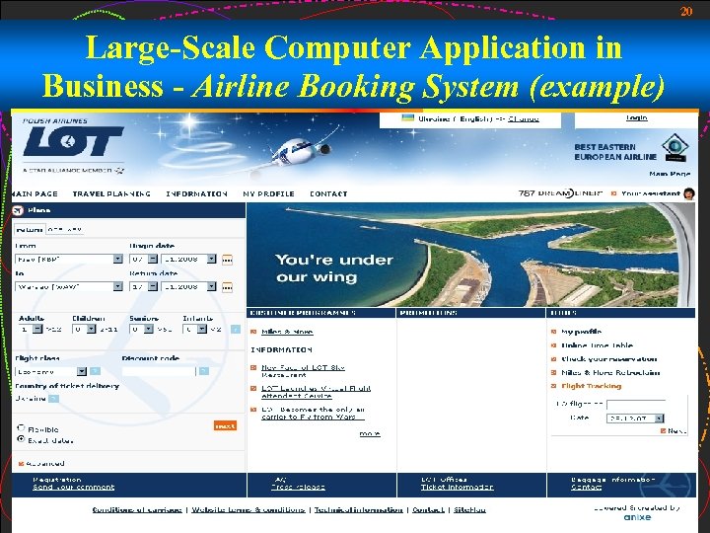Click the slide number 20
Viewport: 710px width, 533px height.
tap(686, 11)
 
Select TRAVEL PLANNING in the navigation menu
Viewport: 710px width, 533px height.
tap(111, 193)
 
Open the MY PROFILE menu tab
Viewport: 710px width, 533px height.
tap(268, 193)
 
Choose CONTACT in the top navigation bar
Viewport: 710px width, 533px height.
tap(328, 193)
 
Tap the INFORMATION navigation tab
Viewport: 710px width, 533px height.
tap(196, 193)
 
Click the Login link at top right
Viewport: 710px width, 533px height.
tap(637, 117)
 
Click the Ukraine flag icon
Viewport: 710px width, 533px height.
tap(407, 118)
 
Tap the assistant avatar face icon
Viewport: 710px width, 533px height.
tap(688, 193)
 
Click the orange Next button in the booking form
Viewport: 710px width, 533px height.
tap(225, 425)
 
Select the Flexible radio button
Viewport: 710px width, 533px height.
tap(21, 430)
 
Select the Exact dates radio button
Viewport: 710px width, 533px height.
tap(21, 439)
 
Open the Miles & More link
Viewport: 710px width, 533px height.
tap(287, 332)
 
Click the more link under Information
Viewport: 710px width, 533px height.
tap(370, 433)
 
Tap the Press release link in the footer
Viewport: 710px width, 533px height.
tap(299, 487)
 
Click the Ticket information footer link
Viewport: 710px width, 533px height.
tap(458, 487)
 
